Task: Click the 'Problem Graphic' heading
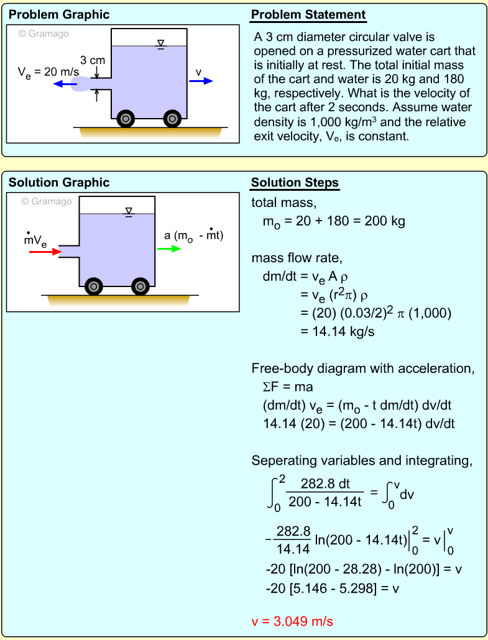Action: (59, 15)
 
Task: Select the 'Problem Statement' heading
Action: (308, 15)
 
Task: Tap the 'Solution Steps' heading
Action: (295, 183)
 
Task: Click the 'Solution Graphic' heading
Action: (59, 183)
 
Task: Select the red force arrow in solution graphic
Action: (45, 252)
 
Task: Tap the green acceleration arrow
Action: (169, 249)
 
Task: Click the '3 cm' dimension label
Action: (92, 61)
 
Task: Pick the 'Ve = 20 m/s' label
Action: (48, 72)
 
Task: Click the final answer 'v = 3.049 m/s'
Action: (294, 621)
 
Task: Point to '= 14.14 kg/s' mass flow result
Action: (337, 331)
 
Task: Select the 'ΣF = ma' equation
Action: (288, 387)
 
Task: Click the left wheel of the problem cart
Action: (126, 118)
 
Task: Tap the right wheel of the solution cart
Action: (140, 286)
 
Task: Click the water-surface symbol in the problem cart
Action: (161, 43)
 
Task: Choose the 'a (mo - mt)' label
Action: (193, 235)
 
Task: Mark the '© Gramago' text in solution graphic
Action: (47, 201)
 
